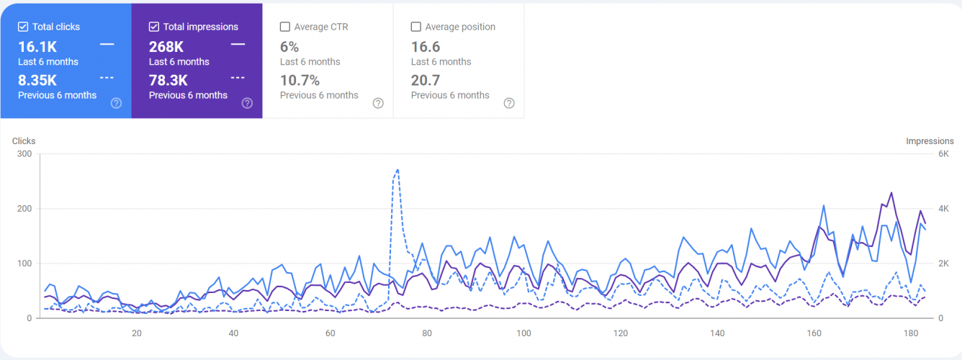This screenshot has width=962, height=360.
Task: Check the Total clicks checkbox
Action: pyautogui.click(x=23, y=27)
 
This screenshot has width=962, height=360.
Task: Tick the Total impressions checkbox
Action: pyautogui.click(x=154, y=27)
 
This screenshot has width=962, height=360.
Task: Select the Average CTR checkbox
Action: pyautogui.click(x=285, y=27)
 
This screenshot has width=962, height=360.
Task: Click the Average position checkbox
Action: pyautogui.click(x=416, y=27)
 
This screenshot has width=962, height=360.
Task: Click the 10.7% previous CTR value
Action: pyautogui.click(x=300, y=80)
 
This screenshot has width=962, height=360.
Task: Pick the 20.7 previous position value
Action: pyautogui.click(x=426, y=80)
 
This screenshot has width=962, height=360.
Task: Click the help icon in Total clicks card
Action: pyautogui.click(x=116, y=103)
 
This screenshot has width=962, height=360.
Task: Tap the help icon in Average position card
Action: pyautogui.click(x=509, y=103)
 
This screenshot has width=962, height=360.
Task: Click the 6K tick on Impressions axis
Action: pyautogui.click(x=943, y=154)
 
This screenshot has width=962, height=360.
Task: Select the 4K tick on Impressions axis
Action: pyautogui.click(x=943, y=209)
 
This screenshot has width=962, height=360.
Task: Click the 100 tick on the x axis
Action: pyautogui.click(x=523, y=333)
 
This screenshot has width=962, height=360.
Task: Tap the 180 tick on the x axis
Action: pyautogui.click(x=911, y=333)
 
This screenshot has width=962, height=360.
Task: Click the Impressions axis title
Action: pyautogui.click(x=930, y=141)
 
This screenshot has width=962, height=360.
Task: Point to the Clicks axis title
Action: pyautogui.click(x=24, y=141)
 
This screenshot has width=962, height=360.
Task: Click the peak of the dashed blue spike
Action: pyautogui.click(x=397, y=170)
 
